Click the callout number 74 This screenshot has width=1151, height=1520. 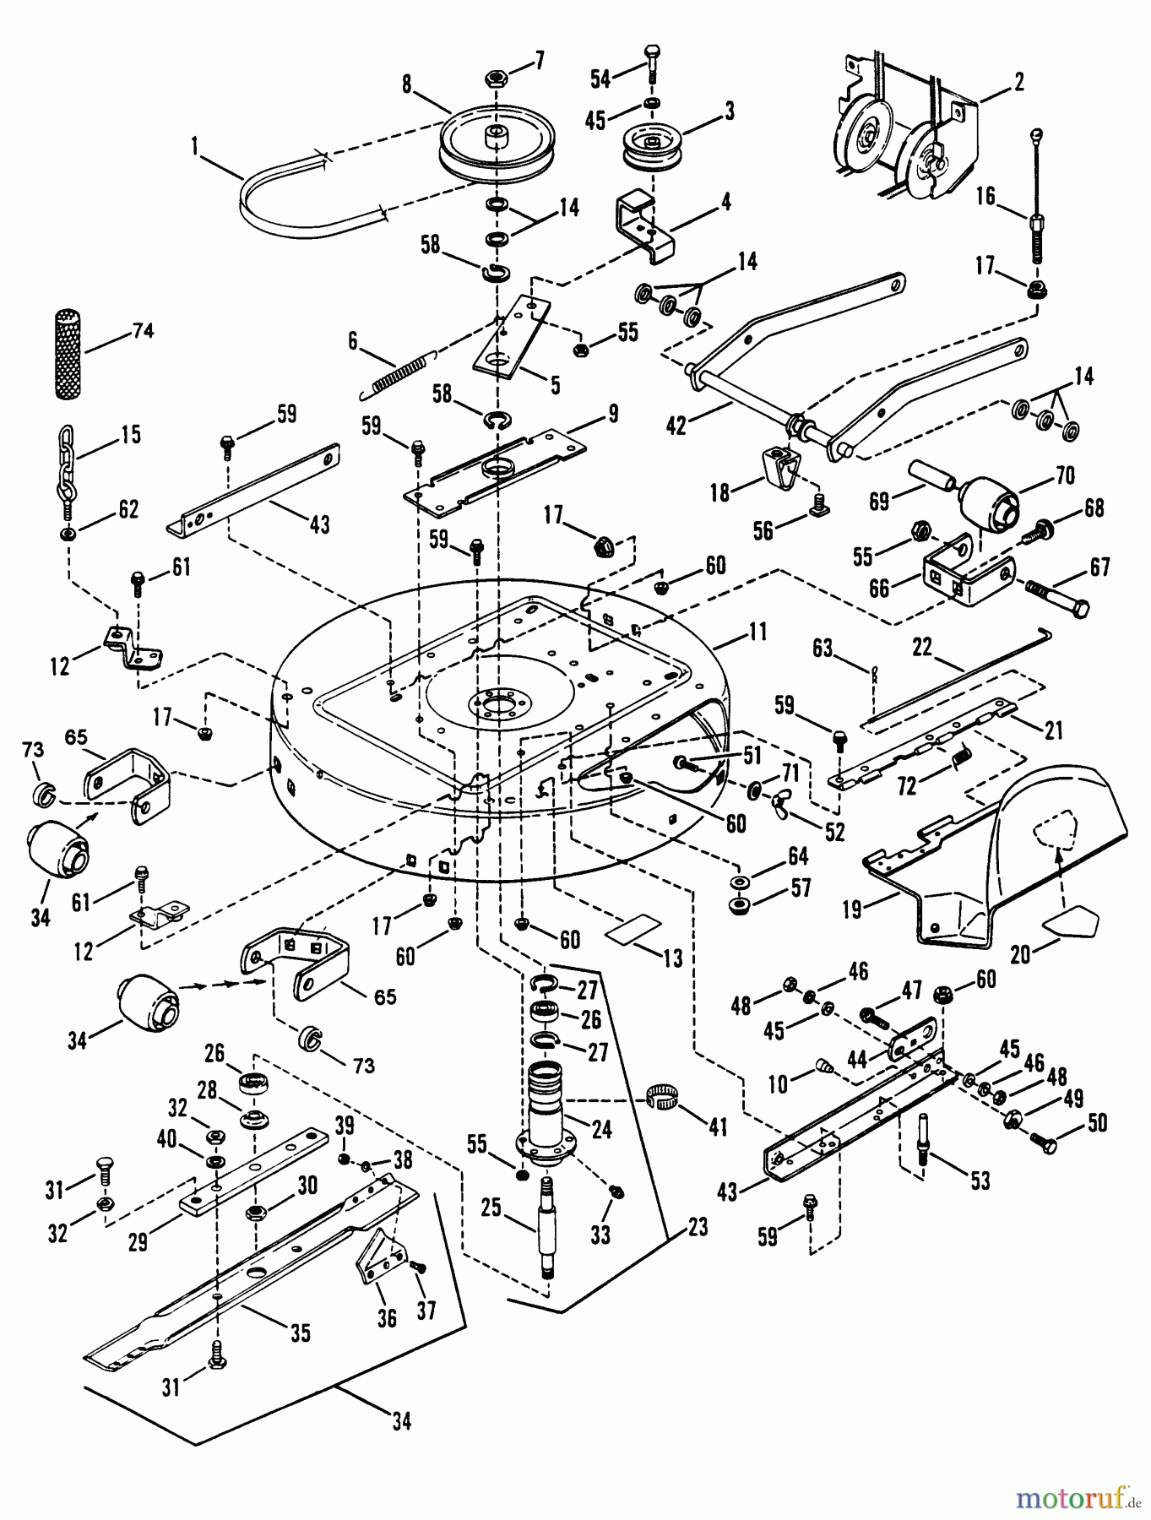tap(143, 331)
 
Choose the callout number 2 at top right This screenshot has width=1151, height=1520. tap(1018, 82)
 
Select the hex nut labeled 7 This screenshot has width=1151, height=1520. tap(496, 79)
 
